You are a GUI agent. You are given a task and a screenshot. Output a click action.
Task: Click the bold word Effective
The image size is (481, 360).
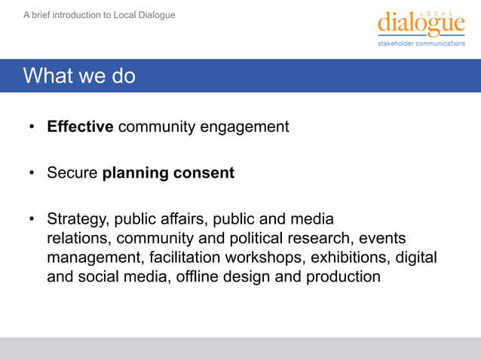tap(80, 127)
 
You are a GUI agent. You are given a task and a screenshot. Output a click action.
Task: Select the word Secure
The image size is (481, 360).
tap(72, 173)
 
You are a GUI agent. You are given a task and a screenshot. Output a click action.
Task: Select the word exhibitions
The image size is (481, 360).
tap(348, 258)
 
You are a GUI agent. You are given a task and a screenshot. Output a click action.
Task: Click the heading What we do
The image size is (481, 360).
tap(79, 76)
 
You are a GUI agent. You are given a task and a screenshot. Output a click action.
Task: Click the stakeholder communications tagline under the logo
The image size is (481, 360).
tap(421, 44)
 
